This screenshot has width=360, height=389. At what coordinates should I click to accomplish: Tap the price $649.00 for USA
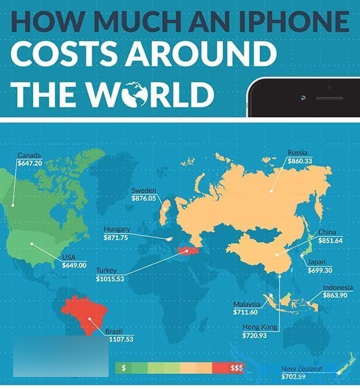74,265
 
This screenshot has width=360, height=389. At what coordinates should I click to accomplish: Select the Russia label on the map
298,152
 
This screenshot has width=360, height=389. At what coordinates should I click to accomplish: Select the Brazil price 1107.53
119,339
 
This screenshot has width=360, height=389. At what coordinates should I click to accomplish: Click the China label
327,232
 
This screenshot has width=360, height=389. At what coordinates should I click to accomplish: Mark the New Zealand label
301,369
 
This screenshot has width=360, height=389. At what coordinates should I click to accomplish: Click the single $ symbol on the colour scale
122,368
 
